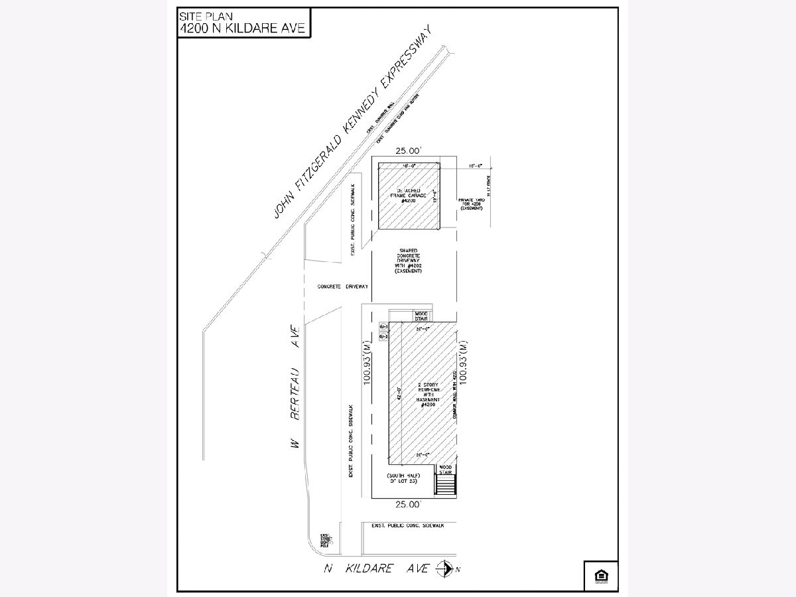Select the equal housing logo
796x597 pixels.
[601, 575]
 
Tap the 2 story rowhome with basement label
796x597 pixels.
[423, 394]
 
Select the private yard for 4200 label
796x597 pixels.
[472, 204]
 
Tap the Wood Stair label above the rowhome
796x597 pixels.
[422, 316]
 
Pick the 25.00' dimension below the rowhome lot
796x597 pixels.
[409, 505]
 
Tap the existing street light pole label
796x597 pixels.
[326, 540]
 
